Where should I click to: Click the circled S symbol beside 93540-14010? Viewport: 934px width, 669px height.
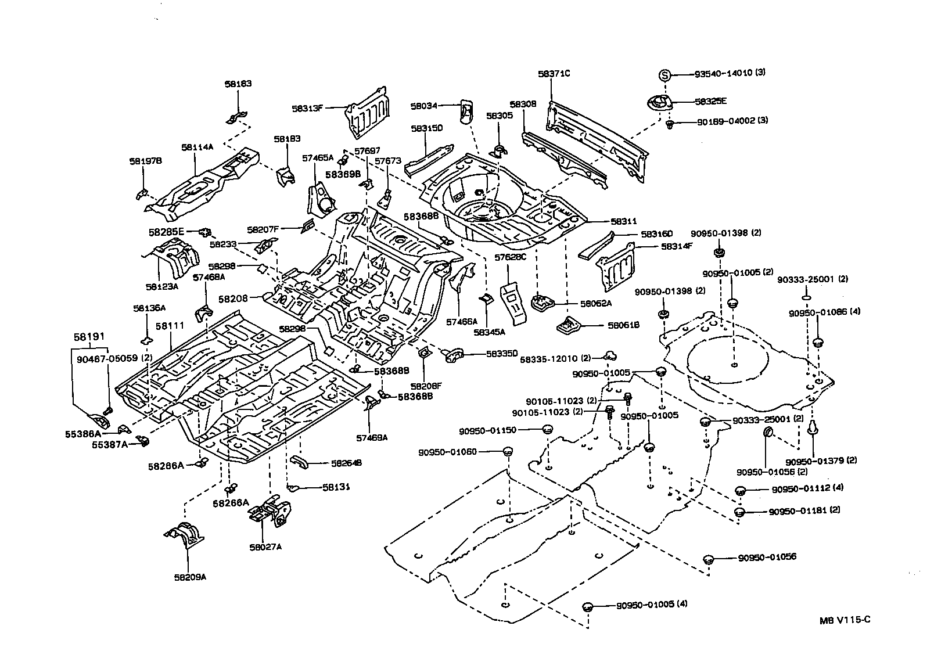665,74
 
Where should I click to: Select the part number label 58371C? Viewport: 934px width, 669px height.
554,74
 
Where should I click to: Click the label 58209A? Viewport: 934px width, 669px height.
189,577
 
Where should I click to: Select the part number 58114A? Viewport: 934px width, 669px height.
197,148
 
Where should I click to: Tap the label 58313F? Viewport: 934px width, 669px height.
307,108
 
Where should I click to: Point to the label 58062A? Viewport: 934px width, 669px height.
596,303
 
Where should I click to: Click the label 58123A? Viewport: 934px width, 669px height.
161,287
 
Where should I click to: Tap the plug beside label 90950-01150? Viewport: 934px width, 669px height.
547,430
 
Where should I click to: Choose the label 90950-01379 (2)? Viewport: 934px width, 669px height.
821,461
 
